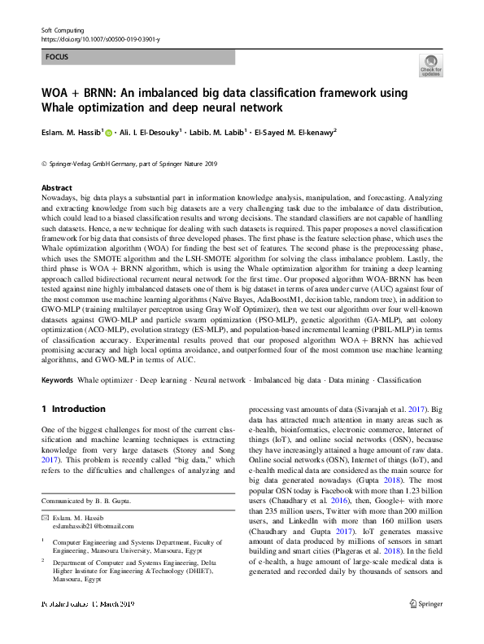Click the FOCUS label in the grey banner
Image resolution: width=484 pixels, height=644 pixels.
[57, 58]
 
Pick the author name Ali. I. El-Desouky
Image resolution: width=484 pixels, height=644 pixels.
[155, 132]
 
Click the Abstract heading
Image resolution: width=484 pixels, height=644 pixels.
[56, 187]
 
